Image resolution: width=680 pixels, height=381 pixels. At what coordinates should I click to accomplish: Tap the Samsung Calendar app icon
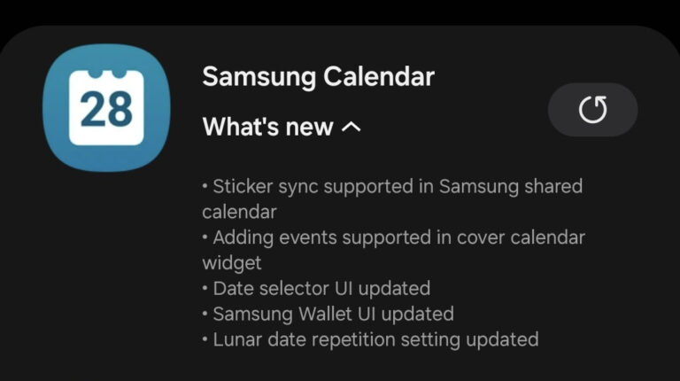click(106, 107)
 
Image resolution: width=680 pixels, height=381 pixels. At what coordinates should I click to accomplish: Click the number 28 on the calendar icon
click(106, 108)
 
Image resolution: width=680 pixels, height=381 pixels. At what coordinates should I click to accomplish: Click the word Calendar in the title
click(379, 77)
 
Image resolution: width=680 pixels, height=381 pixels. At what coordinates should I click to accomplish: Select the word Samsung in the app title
click(259, 78)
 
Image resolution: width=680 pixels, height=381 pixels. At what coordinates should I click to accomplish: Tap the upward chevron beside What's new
click(352, 127)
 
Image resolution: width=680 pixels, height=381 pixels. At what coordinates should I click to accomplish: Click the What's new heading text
click(267, 127)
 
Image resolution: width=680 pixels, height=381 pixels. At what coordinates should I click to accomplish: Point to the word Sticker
click(243, 186)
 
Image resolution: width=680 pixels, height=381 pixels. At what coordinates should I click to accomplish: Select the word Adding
click(243, 238)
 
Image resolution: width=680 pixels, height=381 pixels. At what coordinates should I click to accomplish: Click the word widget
click(232, 263)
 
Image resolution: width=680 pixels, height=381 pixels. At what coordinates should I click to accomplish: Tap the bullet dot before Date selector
click(205, 289)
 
